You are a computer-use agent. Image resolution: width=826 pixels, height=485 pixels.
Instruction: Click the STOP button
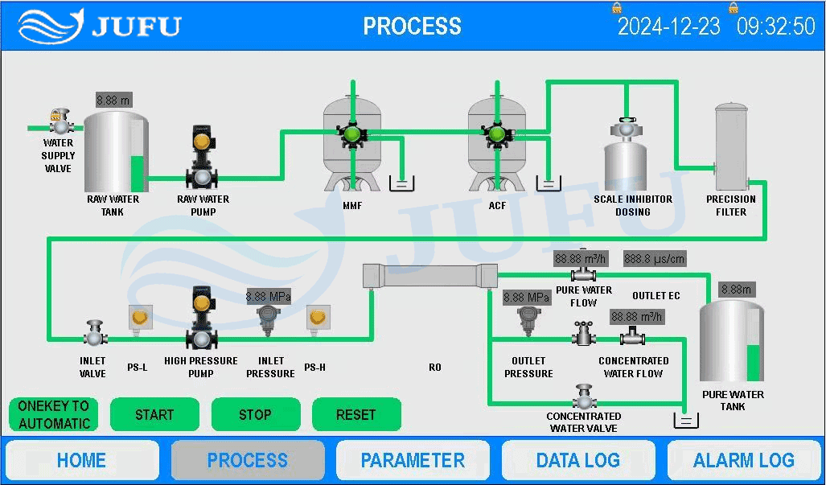[x=255, y=415]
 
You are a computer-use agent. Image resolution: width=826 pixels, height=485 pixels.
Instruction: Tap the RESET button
[x=355, y=415]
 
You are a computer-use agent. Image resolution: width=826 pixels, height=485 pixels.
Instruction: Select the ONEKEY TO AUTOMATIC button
[x=54, y=415]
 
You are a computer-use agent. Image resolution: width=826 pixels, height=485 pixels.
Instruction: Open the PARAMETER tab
[x=413, y=460]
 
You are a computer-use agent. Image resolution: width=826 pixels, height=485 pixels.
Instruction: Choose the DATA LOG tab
[x=577, y=460]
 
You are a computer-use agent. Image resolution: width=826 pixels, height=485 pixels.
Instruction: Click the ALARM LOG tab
[x=743, y=460]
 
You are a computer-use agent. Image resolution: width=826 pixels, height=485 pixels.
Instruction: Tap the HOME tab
[x=81, y=460]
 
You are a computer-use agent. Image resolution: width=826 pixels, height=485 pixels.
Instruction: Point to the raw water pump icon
[x=202, y=158]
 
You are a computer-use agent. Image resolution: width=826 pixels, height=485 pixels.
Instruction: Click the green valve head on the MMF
[x=351, y=134]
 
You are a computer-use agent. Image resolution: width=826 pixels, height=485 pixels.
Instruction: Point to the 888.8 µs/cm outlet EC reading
[x=655, y=259]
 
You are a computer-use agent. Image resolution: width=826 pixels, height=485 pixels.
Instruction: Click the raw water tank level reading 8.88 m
[x=113, y=100]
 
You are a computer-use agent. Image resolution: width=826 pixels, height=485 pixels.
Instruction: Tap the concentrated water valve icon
[x=584, y=397]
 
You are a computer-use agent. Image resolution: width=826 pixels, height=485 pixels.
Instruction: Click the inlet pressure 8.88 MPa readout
[x=269, y=297]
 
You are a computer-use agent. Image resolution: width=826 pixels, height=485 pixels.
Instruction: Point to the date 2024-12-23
[x=668, y=27]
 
